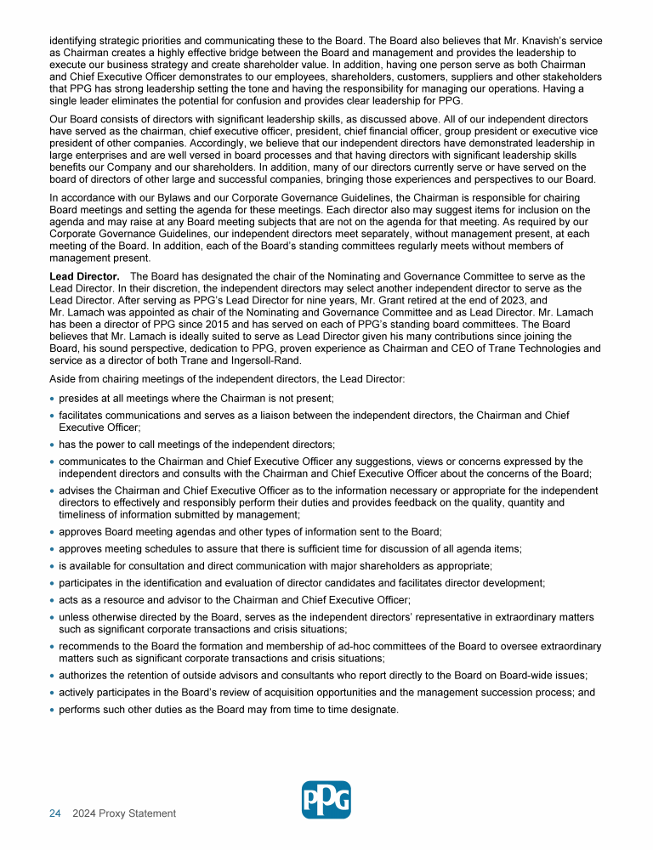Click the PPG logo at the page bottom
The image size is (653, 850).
pyautogui.click(x=326, y=800)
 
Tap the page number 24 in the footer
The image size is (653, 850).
pyautogui.click(x=54, y=813)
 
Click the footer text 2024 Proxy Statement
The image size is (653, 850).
pyautogui.click(x=124, y=813)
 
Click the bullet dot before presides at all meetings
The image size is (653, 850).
pyautogui.click(x=53, y=399)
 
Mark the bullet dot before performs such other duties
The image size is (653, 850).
pyautogui.click(x=53, y=710)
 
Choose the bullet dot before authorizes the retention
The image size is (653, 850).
pyautogui.click(x=53, y=676)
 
